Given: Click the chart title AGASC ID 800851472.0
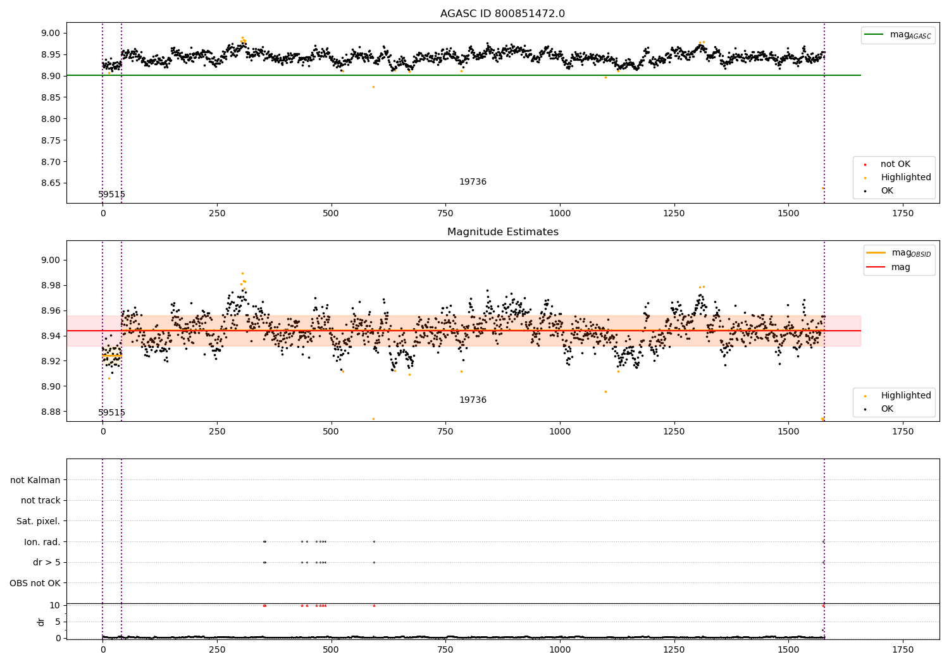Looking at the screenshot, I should point(502,14).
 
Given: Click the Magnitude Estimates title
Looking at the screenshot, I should point(502,232).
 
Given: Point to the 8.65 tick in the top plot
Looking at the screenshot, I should point(51,183).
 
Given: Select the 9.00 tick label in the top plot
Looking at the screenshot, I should point(51,33).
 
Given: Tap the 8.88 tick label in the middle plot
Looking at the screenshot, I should point(51,412).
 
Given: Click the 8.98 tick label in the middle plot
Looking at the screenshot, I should point(51,285).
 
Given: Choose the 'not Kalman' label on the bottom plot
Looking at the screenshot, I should point(35,480).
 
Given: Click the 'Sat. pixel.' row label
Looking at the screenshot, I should point(38,521).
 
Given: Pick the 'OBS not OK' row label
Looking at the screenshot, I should point(35,583).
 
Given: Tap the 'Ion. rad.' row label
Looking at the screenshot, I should point(42,542).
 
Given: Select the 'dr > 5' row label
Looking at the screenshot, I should point(46,562).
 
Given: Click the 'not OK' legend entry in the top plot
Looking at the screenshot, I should point(895,164).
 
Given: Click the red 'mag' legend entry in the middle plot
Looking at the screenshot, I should point(900,267).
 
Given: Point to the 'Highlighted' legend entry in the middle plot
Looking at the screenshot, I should point(905,395).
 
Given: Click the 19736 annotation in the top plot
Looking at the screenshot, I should point(473,182).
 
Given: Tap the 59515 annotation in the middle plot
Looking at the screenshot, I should point(111,413).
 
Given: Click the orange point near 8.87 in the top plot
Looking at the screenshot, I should point(373,87).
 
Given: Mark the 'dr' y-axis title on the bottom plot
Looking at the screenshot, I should point(41,622).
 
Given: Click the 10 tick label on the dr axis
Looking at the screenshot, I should point(54,605).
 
